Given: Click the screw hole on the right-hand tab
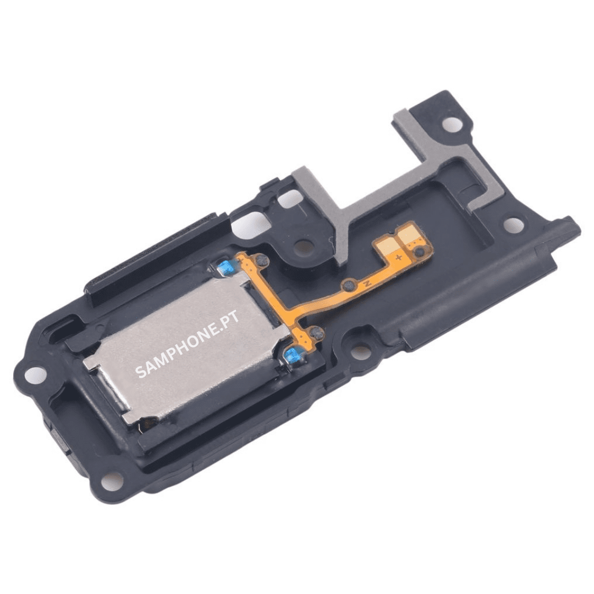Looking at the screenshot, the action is (x=513, y=224).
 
